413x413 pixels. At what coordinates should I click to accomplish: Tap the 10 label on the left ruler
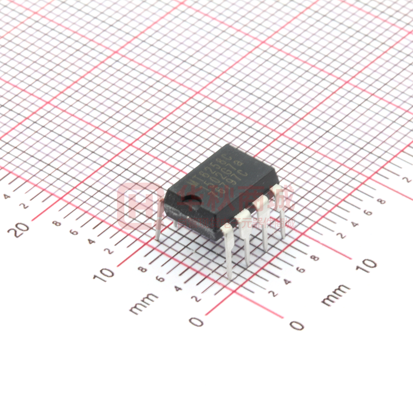tap(106, 272)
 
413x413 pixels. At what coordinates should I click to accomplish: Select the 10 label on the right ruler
tap(367, 266)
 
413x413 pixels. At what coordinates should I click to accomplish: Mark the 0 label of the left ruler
tap(196, 321)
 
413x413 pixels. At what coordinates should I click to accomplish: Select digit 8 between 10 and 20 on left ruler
tap(57, 223)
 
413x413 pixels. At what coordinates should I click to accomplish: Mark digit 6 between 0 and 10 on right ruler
tap(300, 270)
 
